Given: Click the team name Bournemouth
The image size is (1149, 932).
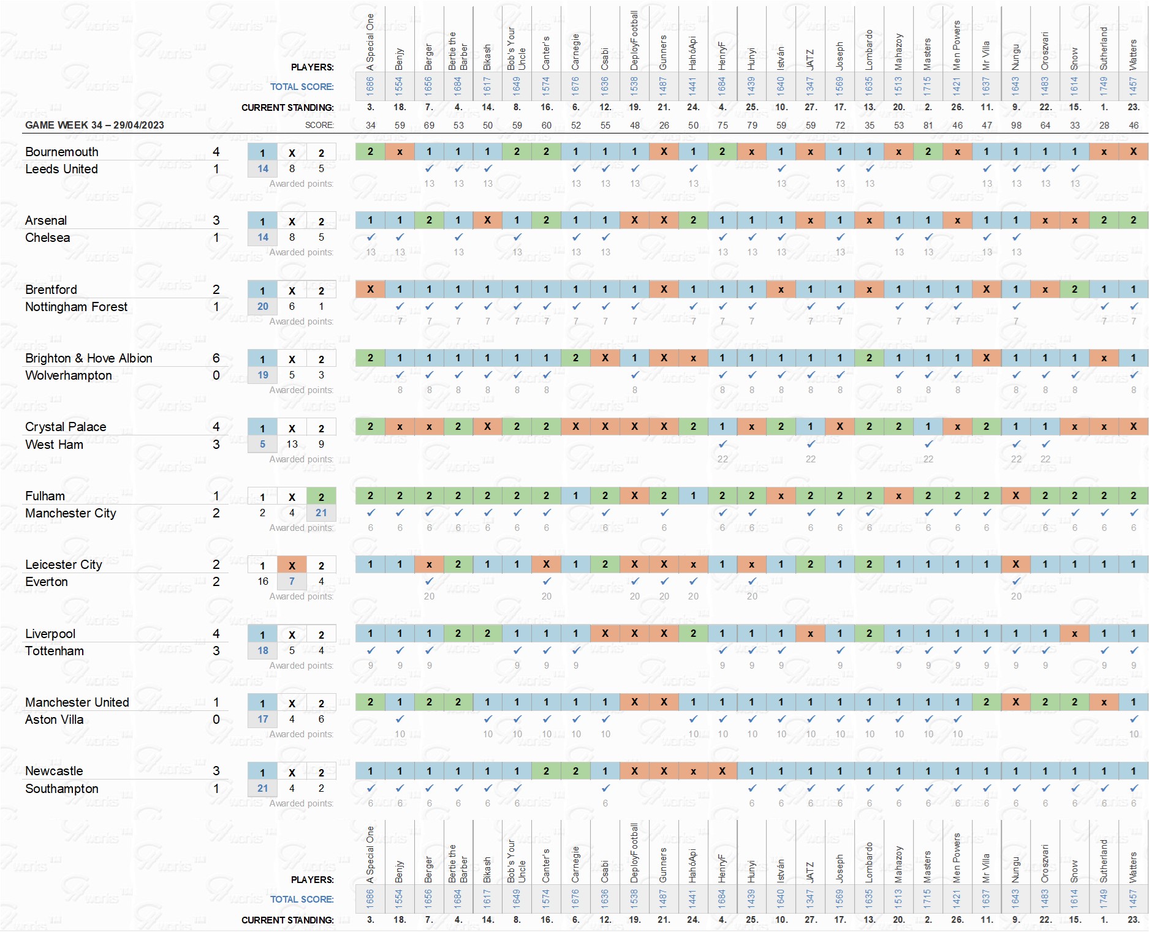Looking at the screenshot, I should tap(61, 152).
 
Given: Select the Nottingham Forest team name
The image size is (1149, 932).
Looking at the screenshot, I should tap(76, 307).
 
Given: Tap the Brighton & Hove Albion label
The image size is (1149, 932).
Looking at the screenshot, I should tap(88, 358).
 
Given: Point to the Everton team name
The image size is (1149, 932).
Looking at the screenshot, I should tap(47, 582).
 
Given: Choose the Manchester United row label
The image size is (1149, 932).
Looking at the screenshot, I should tap(77, 702).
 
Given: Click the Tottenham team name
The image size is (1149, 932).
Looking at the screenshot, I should tap(55, 651).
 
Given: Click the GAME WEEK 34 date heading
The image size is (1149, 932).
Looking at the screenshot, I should tap(94, 125).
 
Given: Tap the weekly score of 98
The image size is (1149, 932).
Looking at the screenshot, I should tap(1016, 125).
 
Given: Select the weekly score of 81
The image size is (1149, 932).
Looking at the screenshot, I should tap(928, 125).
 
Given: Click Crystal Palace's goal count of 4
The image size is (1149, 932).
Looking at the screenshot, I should tap(216, 427).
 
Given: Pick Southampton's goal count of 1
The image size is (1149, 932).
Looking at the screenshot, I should tap(216, 789).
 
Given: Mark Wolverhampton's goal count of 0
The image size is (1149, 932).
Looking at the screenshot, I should tap(216, 375).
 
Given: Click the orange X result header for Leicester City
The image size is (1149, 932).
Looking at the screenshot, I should tap(292, 565).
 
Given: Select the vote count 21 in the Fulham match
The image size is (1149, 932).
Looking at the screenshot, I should tap(321, 513).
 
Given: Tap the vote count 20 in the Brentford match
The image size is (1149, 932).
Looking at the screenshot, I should tap(262, 307).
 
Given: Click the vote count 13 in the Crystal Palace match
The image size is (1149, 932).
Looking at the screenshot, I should tap(292, 445).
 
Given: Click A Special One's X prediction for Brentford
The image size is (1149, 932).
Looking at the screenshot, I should tap(370, 289).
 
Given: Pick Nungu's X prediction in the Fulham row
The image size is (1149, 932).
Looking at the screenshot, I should tap(1016, 495).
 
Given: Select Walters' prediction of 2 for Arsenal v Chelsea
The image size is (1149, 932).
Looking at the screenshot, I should tap(1133, 220).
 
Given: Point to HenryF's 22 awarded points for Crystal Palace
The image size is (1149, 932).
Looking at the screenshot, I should tap(722, 459).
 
